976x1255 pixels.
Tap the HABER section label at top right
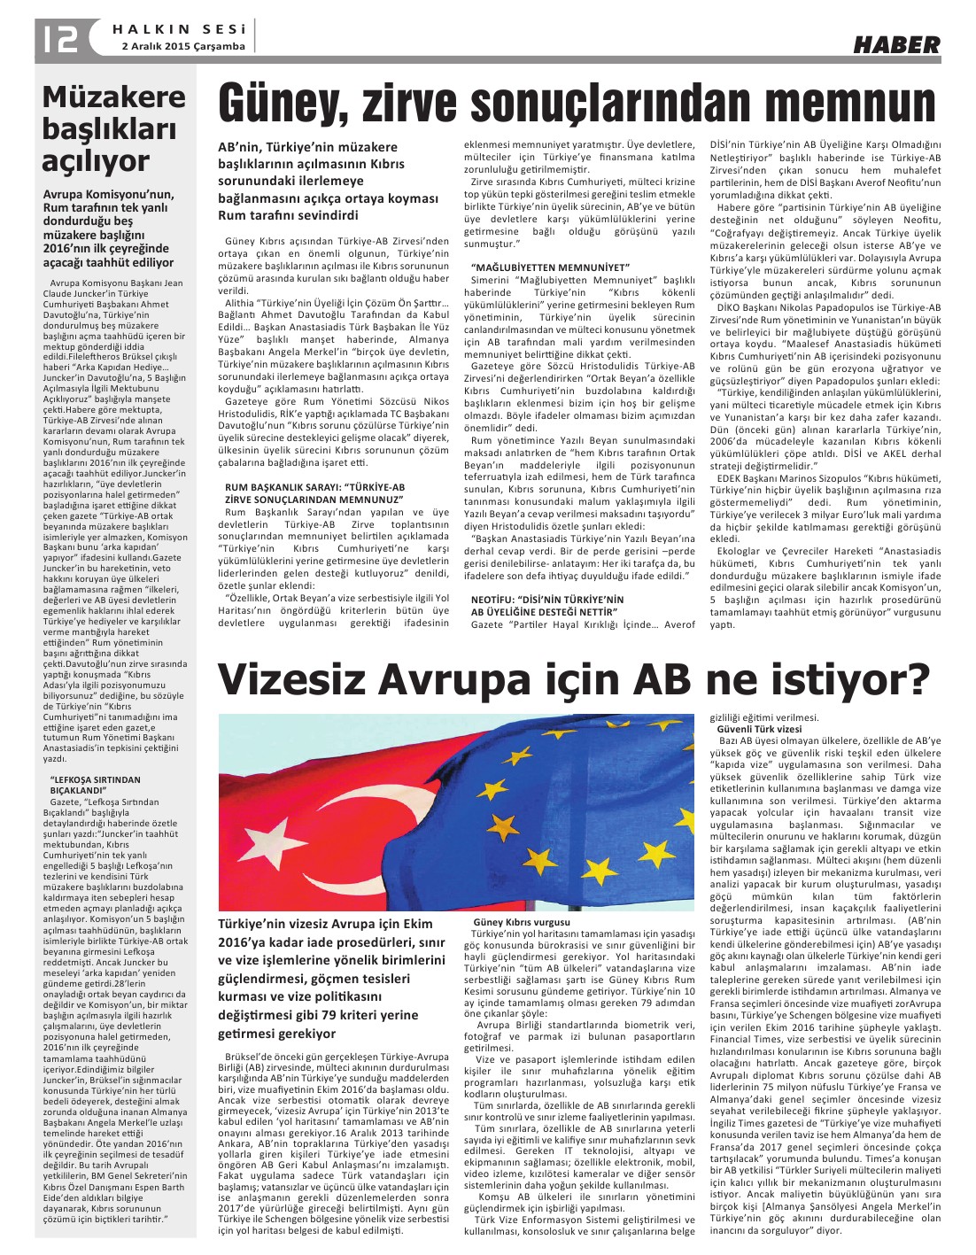[x=896, y=43]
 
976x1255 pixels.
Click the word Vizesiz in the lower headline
[x=292, y=680]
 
